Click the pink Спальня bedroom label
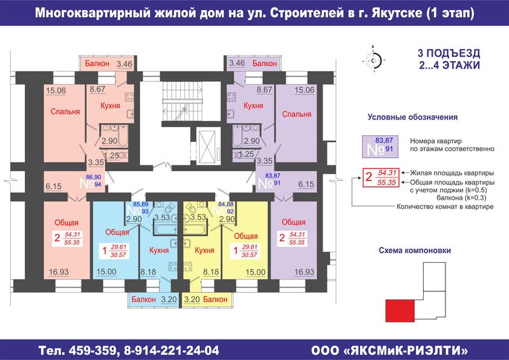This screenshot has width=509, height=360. tap(65, 112)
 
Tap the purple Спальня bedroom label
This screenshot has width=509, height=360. tap(296, 114)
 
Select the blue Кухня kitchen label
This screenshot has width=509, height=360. tap(158, 250)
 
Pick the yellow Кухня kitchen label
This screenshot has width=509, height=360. tap(204, 250)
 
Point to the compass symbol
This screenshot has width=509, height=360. tap(373, 60)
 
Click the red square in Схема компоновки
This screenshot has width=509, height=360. tap(400, 310)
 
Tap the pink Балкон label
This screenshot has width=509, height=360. tap(97, 64)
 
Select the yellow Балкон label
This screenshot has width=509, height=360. tap(215, 299)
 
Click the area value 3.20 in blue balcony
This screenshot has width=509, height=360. tap(169, 300)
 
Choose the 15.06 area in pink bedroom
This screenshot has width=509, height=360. tap(56, 90)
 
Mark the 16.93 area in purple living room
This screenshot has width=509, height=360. tap(304, 272)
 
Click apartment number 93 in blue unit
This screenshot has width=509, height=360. tap(145, 212)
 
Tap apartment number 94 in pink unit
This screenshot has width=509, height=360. tap(98, 184)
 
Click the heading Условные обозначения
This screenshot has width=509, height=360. tap(412, 117)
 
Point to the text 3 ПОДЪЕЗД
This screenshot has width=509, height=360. tap(449, 53)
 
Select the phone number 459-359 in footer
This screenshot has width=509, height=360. tap(93, 350)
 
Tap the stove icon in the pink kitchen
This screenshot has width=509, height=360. tap(129, 97)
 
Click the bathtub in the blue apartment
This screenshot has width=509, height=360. tap(165, 229)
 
